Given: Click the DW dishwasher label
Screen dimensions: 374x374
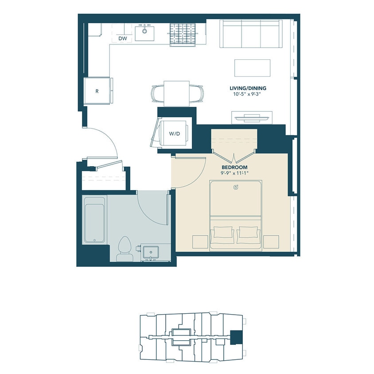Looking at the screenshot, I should [123, 39].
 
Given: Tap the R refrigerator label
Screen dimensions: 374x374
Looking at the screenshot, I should [97, 91].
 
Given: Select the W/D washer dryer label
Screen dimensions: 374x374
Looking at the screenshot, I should [175, 134].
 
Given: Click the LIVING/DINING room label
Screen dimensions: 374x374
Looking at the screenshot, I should [248, 88].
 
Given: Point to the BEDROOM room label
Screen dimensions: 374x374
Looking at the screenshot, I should [235, 167].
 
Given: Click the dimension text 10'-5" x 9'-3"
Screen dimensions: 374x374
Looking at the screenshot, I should [248, 94].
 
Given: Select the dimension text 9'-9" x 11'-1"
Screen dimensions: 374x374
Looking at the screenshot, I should [235, 173].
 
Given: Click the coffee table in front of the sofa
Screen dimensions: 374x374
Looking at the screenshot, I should [252, 68].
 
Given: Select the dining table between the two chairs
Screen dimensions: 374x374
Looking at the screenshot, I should [176, 93].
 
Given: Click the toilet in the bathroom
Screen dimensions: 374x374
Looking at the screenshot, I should [124, 249].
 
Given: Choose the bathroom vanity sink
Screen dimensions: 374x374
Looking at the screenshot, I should [151, 252].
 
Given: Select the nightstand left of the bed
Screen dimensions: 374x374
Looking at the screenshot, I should [200, 242].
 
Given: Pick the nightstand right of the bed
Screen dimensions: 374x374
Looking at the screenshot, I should [271, 242].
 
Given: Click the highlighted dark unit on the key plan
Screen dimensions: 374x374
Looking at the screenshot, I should [237, 338].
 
